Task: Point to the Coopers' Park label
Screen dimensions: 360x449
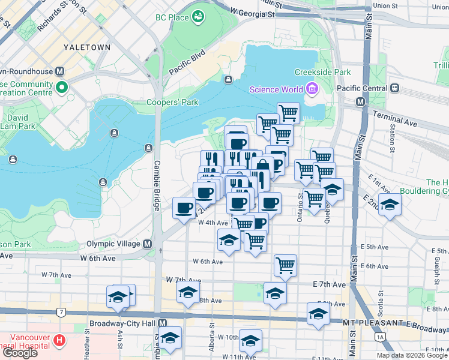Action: tap(172, 102)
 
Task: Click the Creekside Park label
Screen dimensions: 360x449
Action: tap(322, 72)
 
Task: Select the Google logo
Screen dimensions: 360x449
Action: tap(19, 353)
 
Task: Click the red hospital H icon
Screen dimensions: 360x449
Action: tap(59, 341)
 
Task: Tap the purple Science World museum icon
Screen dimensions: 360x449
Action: tap(311, 90)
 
